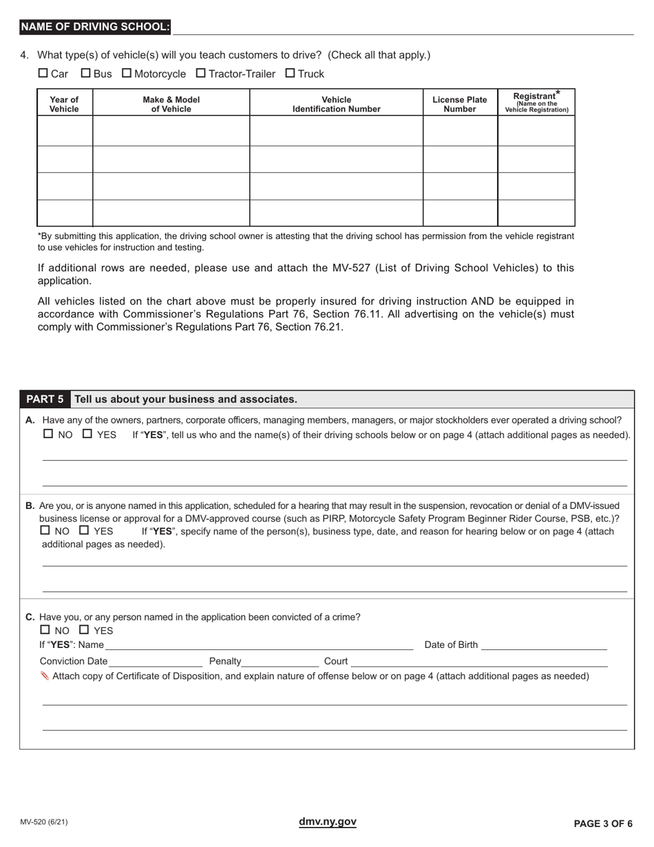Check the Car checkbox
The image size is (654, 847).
[x=43, y=73]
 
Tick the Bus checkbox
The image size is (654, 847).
[x=86, y=73]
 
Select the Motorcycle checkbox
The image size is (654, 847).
[x=127, y=73]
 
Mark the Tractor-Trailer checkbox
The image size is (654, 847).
[x=201, y=73]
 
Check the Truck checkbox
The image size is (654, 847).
[x=290, y=73]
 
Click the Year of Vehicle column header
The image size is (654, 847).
[x=64, y=104]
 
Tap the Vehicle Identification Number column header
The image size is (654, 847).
[x=336, y=104]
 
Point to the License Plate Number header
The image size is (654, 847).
[x=459, y=104]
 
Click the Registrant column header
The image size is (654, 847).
[x=536, y=102]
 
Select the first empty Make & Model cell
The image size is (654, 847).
[x=171, y=131]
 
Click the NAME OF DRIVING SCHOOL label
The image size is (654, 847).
[x=95, y=27]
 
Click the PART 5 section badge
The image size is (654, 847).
[x=45, y=399]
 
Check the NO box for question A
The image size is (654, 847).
[x=48, y=435]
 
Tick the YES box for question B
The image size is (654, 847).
[x=84, y=531]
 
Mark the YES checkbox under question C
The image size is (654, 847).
[x=84, y=630]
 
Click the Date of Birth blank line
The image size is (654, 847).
[x=544, y=645]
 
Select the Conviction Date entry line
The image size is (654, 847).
[x=155, y=662]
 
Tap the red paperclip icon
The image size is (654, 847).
[x=45, y=676]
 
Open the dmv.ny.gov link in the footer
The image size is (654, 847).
[x=328, y=822]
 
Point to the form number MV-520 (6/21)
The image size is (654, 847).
[x=44, y=822]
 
